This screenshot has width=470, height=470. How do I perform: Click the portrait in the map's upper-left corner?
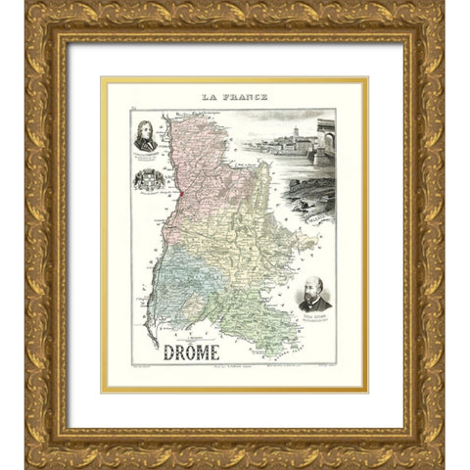coord(148,134)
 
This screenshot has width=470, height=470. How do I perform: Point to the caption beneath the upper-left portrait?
coord(148,156)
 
